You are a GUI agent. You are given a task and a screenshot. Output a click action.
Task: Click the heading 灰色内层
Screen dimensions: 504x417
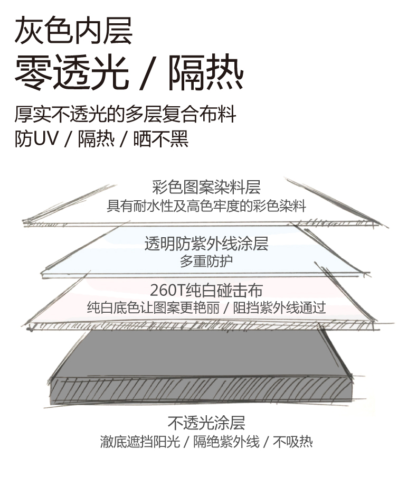[73, 31]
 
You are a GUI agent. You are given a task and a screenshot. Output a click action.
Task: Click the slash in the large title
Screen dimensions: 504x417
[148, 74]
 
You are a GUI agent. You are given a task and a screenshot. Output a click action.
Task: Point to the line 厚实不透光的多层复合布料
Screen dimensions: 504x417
[125, 115]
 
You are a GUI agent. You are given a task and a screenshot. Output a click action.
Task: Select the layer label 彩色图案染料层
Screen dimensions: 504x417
[206, 188]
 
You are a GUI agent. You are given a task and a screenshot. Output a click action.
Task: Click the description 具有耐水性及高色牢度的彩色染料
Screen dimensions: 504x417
[206, 206]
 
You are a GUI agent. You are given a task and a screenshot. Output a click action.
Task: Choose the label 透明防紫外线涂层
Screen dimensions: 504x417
[206, 244]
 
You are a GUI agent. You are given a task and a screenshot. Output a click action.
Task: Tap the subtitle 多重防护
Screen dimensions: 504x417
[206, 261]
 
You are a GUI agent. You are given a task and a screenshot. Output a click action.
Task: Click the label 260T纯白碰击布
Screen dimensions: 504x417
[206, 290]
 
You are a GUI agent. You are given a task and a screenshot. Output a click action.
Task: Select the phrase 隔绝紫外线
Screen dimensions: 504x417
[226, 442]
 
